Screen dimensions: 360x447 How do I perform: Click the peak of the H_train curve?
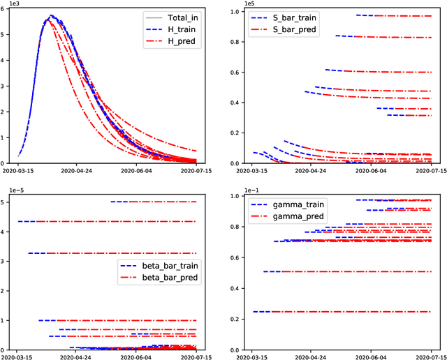pyautogui.click(x=51, y=16)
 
